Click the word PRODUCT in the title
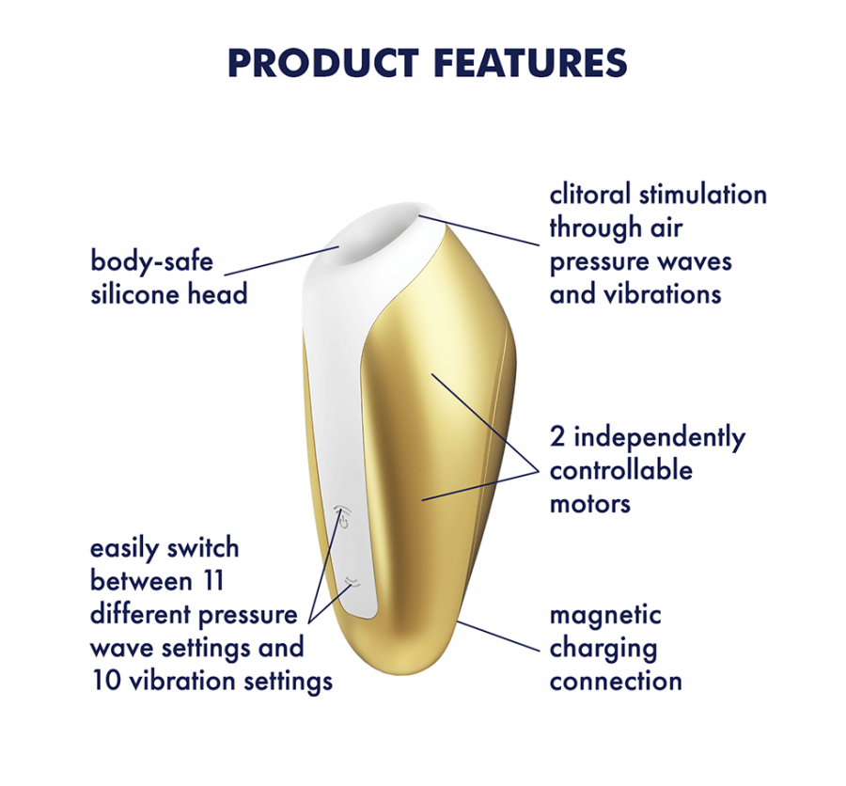[323, 64]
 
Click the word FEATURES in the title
[530, 64]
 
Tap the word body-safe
[151, 260]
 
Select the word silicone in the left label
[134, 293]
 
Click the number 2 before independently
[556, 437]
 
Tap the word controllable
[621, 470]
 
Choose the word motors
[590, 504]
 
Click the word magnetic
[605, 616]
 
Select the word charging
[603, 649]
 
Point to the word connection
[616, 682]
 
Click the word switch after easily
[202, 548]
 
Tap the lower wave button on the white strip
[352, 581]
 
